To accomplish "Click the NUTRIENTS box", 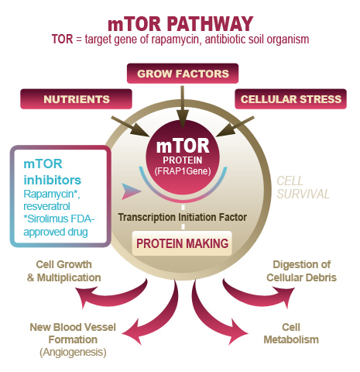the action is point(76,99).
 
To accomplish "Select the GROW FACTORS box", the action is point(183,74).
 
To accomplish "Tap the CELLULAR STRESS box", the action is point(290,99).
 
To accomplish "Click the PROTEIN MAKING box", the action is point(182,243).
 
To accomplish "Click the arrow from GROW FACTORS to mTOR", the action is point(183,107).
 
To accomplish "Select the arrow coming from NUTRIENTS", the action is point(130,126).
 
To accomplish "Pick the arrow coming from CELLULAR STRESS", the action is point(235,126).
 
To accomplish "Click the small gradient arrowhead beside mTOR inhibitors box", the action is point(131,191).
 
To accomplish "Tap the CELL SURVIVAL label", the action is point(303,188).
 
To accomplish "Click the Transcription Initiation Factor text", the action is point(183,217).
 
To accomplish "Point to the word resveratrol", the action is point(46,206).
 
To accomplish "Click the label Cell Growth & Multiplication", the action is point(63,271).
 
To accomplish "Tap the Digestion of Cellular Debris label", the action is point(301,271).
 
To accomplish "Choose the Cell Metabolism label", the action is point(291,333).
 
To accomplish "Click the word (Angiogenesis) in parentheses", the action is point(73,352).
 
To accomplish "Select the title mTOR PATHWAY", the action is point(180,24).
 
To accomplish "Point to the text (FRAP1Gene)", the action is point(183,171).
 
